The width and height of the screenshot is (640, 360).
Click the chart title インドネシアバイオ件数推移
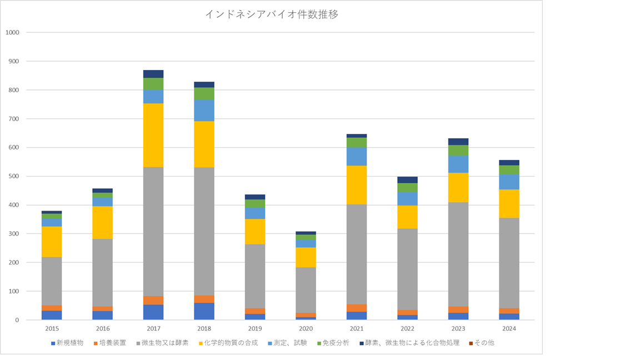pyautogui.click(x=272, y=15)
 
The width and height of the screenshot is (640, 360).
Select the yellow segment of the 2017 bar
pyautogui.click(x=153, y=135)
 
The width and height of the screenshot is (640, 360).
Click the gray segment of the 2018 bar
pyautogui.click(x=204, y=231)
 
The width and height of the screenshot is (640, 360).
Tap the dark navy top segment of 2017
pyautogui.click(x=153, y=74)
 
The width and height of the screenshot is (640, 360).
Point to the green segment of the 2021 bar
pyautogui.click(x=357, y=142)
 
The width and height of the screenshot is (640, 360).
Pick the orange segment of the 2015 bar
pyautogui.click(x=52, y=308)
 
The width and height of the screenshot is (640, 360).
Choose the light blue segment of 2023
pyautogui.click(x=458, y=164)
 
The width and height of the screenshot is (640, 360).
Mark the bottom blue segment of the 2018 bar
pyautogui.click(x=204, y=311)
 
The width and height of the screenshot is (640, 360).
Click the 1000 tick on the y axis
pyautogui.click(x=12, y=32)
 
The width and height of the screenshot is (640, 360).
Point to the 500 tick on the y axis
pyautogui.click(x=14, y=176)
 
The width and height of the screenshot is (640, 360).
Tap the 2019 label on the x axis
pyautogui.click(x=255, y=329)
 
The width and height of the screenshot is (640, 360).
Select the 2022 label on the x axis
pyautogui.click(x=407, y=329)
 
